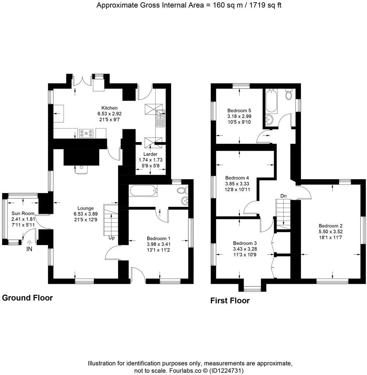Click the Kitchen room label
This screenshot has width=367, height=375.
point(109,108)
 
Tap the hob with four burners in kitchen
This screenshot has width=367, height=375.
point(85,134)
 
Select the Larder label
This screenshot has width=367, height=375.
point(150,154)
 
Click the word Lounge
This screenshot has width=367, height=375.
point(86,208)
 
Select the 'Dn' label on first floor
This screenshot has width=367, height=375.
point(283,196)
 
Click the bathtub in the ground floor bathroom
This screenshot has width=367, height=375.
point(143,190)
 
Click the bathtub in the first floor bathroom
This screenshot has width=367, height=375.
point(270,101)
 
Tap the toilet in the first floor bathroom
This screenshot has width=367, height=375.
point(288,95)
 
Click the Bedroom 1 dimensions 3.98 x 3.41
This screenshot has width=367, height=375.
point(159,244)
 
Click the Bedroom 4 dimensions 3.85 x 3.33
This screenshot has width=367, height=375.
point(237,184)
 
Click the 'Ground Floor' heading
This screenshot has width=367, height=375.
point(28,298)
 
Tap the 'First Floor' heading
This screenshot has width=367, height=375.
point(230,301)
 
